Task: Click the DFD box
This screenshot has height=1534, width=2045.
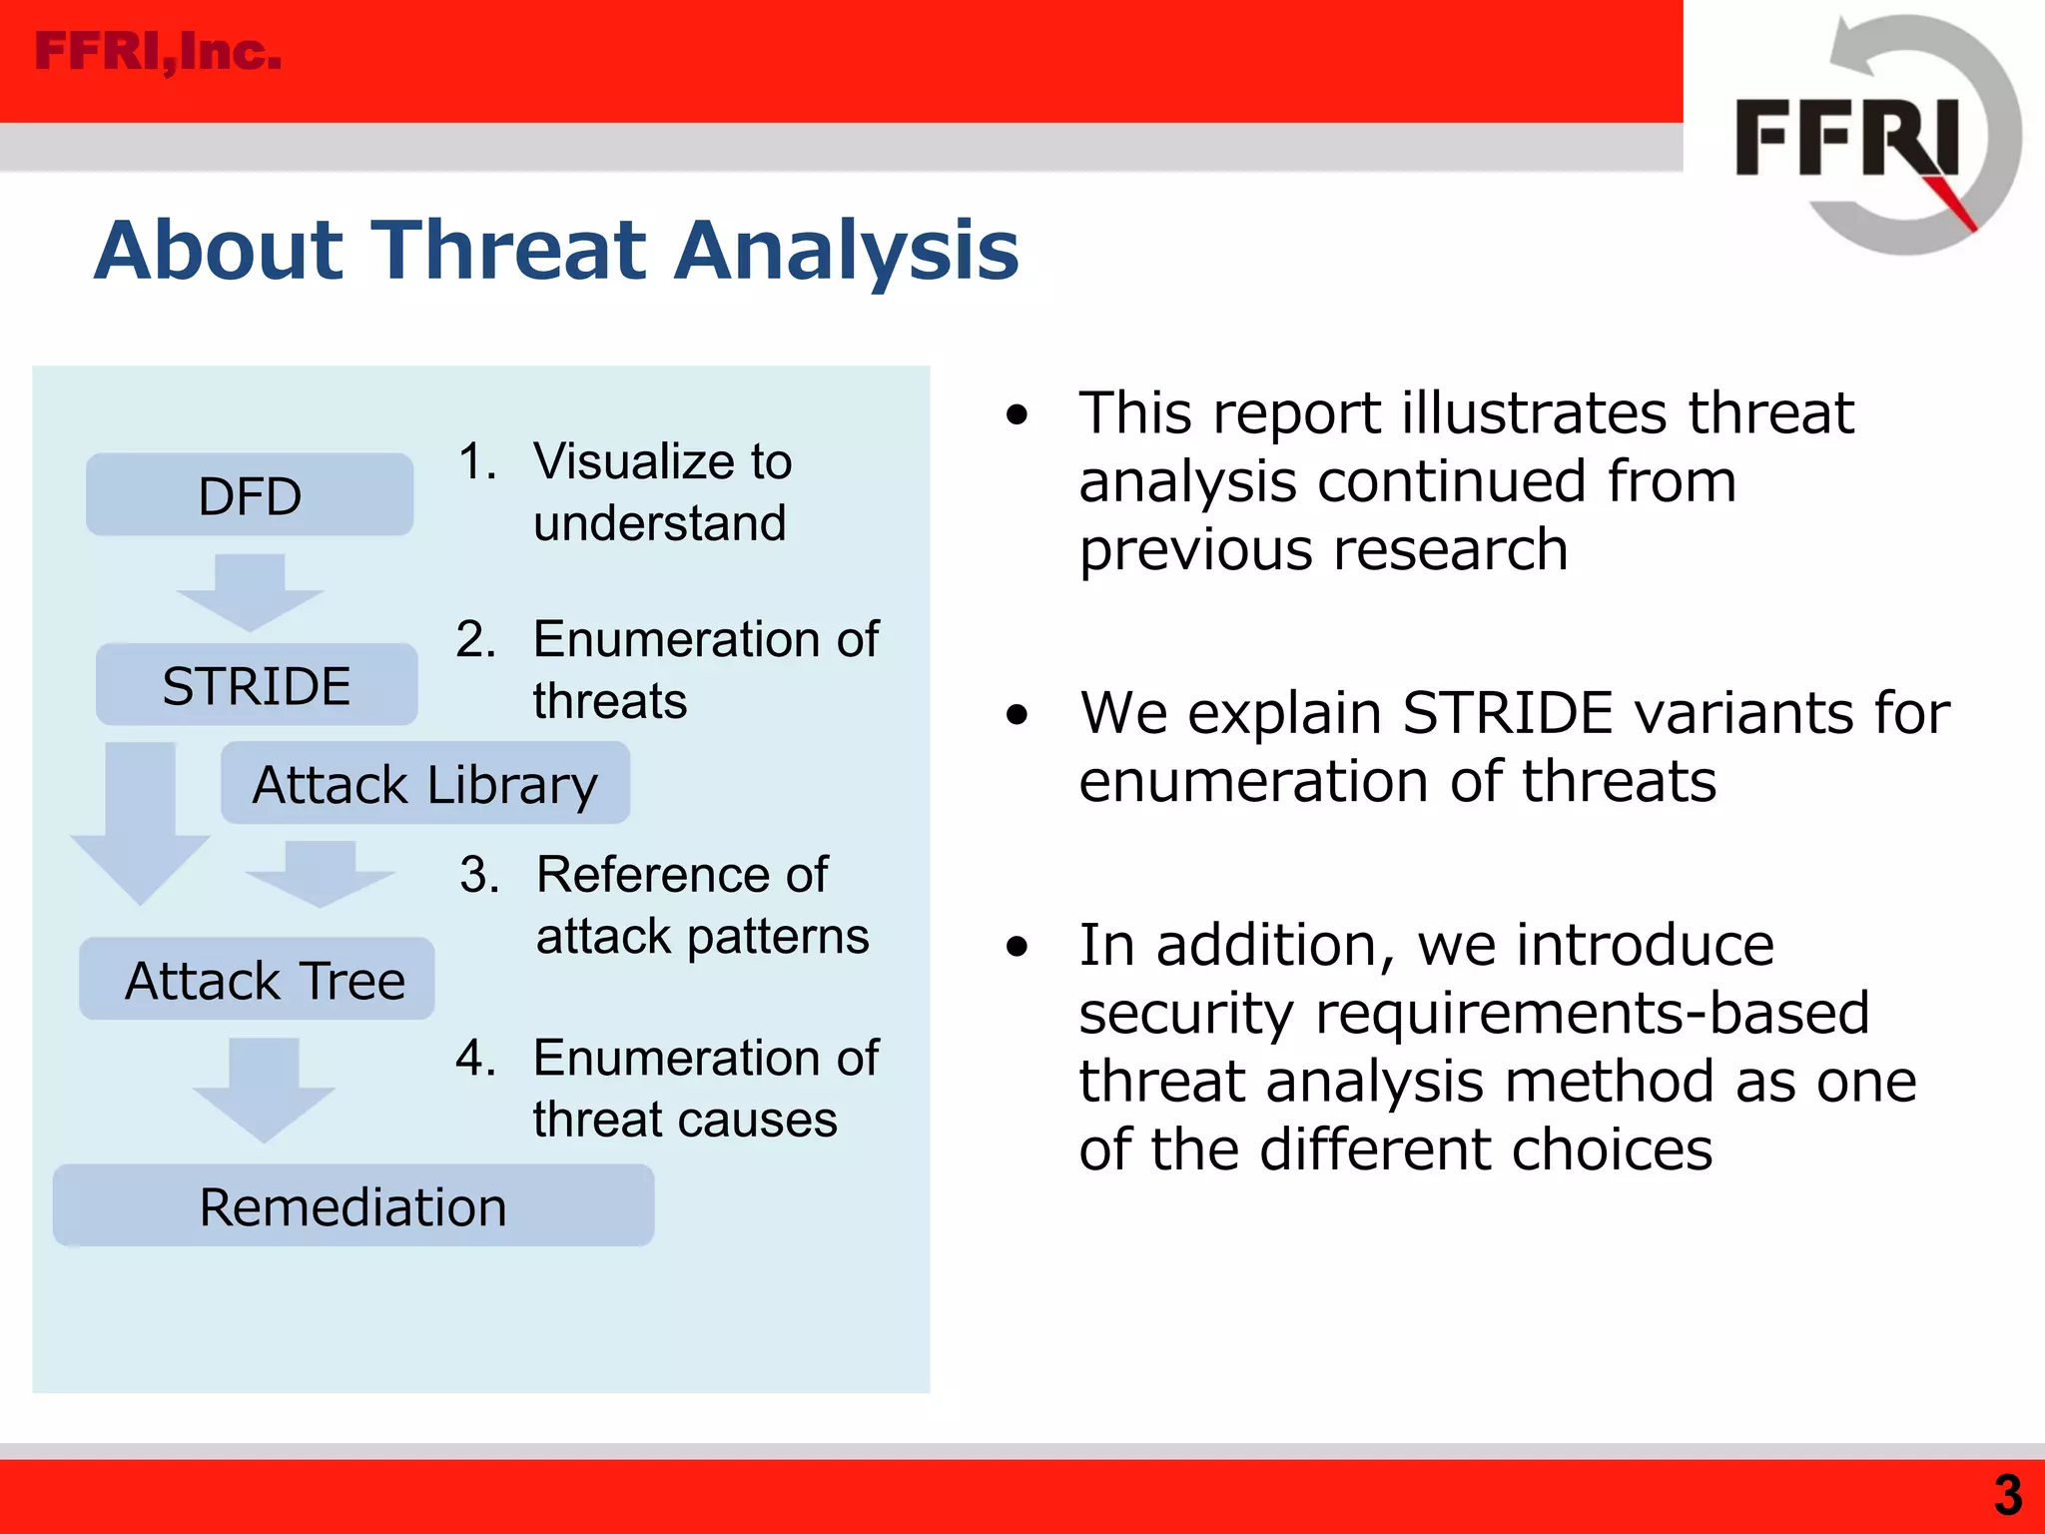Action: point(250,495)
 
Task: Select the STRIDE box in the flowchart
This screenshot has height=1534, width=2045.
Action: point(257,685)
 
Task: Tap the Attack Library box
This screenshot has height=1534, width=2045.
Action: point(424,784)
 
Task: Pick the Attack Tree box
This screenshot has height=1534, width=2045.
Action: point(258,980)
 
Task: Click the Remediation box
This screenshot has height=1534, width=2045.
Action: point(353,1206)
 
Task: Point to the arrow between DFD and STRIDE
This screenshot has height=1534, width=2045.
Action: point(250,591)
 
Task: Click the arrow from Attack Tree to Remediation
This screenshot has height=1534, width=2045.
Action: point(264,1089)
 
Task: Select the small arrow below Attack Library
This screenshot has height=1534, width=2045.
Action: point(320,873)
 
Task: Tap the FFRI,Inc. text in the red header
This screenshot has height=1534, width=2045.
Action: point(158,52)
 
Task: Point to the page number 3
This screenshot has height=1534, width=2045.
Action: point(2007,1495)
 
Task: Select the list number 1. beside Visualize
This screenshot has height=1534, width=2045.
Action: point(476,461)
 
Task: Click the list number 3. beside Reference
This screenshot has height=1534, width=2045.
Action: point(479,875)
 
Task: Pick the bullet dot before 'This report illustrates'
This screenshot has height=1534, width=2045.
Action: point(1017,414)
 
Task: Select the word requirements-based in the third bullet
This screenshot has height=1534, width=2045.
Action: point(1593,1013)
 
